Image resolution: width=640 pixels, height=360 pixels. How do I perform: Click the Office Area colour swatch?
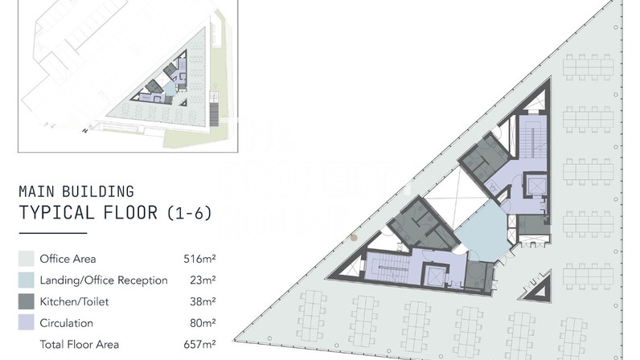pos(26,259)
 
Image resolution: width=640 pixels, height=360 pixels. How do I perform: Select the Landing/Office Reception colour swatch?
pos(26,280)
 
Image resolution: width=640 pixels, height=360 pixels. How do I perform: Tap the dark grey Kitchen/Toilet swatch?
pos(26,301)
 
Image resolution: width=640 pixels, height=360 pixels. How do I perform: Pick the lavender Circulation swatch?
pos(26,323)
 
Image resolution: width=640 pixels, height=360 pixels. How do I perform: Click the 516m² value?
pos(199,259)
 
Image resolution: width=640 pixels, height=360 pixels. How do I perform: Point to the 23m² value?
pos(203,280)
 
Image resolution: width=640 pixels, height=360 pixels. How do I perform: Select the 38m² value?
pos(203,301)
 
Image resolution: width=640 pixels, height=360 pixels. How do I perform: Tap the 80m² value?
pos(203,323)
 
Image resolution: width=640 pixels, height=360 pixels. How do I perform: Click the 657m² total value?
pos(199,344)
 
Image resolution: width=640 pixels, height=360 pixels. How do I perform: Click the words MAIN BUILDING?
pos(76,191)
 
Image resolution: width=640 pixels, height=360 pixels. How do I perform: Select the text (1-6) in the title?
pos(189,213)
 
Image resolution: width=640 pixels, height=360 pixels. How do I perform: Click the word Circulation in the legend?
pos(67,323)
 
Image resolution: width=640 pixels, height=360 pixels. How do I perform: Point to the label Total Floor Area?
pos(79,344)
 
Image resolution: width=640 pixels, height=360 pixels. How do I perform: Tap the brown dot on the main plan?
pos(354,238)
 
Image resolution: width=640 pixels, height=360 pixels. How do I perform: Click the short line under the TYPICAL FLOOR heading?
pos(53,233)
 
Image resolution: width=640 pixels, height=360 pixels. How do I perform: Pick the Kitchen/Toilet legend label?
pos(74,301)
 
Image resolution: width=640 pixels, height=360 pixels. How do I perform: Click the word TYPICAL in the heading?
pos(57,213)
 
